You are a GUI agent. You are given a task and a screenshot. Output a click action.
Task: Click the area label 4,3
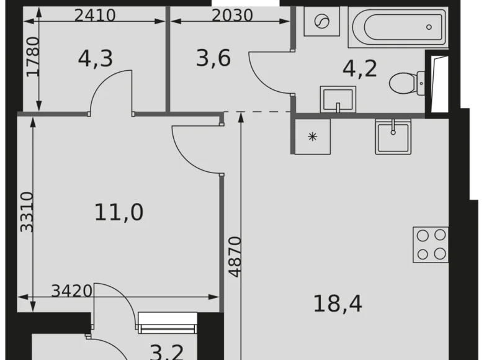pos(95,59)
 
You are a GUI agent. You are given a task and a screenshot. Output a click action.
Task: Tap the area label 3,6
pos(213,59)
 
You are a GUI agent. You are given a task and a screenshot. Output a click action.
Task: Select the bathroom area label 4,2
pos(360,68)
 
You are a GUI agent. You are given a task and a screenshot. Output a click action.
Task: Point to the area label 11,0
pos(119,212)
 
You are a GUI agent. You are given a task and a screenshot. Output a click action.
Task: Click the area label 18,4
pos(338,304)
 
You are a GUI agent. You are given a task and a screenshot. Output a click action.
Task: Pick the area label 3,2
pos(167,351)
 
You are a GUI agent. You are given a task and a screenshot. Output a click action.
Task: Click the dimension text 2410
pos(95,14)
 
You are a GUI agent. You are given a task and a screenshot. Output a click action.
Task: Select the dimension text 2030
pos(232,14)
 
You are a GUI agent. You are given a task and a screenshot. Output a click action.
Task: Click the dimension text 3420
pos(72,290)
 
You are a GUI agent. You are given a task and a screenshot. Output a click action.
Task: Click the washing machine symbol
pos(321,24)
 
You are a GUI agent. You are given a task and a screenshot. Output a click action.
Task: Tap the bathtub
pos(398,27)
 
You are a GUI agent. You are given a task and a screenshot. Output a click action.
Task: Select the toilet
pos(408,81)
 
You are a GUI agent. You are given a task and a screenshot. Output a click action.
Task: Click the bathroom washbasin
pos(337,99)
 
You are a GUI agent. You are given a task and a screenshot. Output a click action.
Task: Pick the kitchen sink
pos(392,135)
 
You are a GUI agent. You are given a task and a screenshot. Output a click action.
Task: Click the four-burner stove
pos(431,244)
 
